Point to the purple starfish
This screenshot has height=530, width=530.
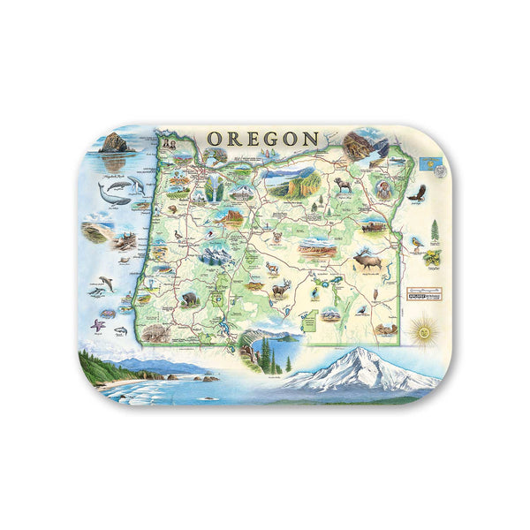pyautogui.click(x=97, y=325)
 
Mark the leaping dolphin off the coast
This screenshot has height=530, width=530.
pyautogui.click(x=106, y=283)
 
